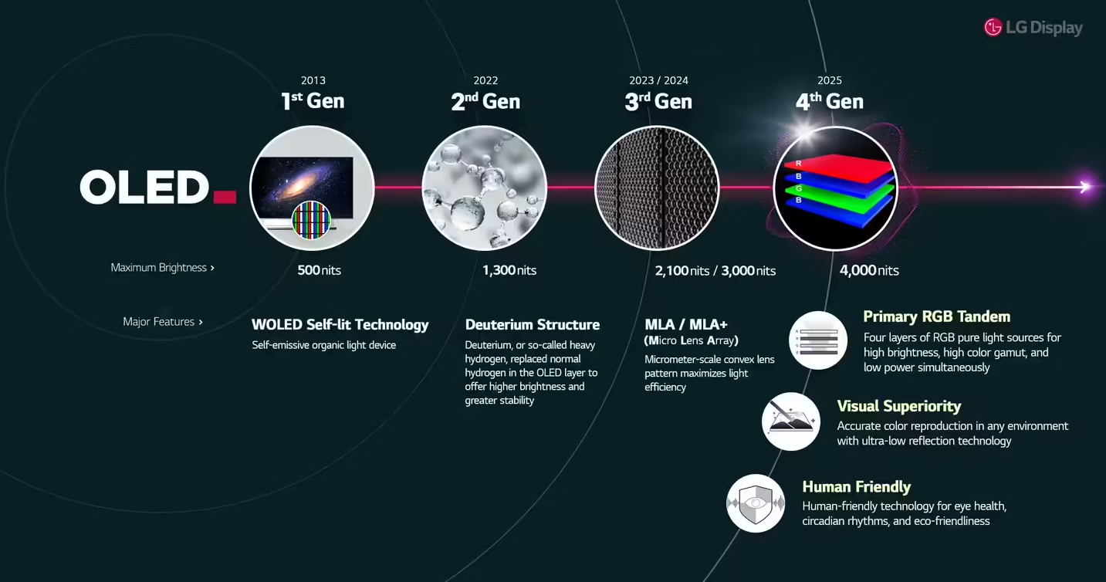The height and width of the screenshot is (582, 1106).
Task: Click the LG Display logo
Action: (x=1033, y=28)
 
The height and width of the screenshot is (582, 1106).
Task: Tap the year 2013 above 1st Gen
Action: (x=313, y=80)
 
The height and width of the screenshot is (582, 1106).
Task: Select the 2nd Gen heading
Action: (x=485, y=101)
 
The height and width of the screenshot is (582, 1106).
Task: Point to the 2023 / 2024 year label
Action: (x=658, y=80)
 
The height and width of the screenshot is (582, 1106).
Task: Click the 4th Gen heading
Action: (x=830, y=101)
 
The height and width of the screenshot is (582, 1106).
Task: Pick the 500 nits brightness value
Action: (x=319, y=270)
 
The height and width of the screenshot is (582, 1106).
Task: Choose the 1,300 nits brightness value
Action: (x=509, y=270)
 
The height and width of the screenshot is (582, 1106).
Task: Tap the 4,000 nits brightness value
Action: (x=869, y=270)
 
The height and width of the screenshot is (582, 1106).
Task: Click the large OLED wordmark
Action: (x=144, y=187)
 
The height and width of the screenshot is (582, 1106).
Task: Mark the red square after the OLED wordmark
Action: (x=225, y=197)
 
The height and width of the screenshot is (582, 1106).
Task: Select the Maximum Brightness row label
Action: (x=162, y=268)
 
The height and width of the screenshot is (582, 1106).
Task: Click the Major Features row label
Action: (x=162, y=322)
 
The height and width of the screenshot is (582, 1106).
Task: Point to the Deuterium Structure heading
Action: (x=533, y=324)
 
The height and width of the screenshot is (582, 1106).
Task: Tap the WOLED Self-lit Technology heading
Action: (x=340, y=324)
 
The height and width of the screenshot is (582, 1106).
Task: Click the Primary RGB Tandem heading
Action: (x=937, y=316)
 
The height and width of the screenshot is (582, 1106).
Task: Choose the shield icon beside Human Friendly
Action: (x=756, y=503)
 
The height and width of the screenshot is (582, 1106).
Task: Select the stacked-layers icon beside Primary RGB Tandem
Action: (x=818, y=340)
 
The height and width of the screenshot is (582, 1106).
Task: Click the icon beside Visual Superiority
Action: (x=790, y=421)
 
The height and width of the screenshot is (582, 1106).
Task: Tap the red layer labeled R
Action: (x=840, y=167)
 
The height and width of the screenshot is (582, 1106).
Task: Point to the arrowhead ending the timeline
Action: (x=1084, y=187)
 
